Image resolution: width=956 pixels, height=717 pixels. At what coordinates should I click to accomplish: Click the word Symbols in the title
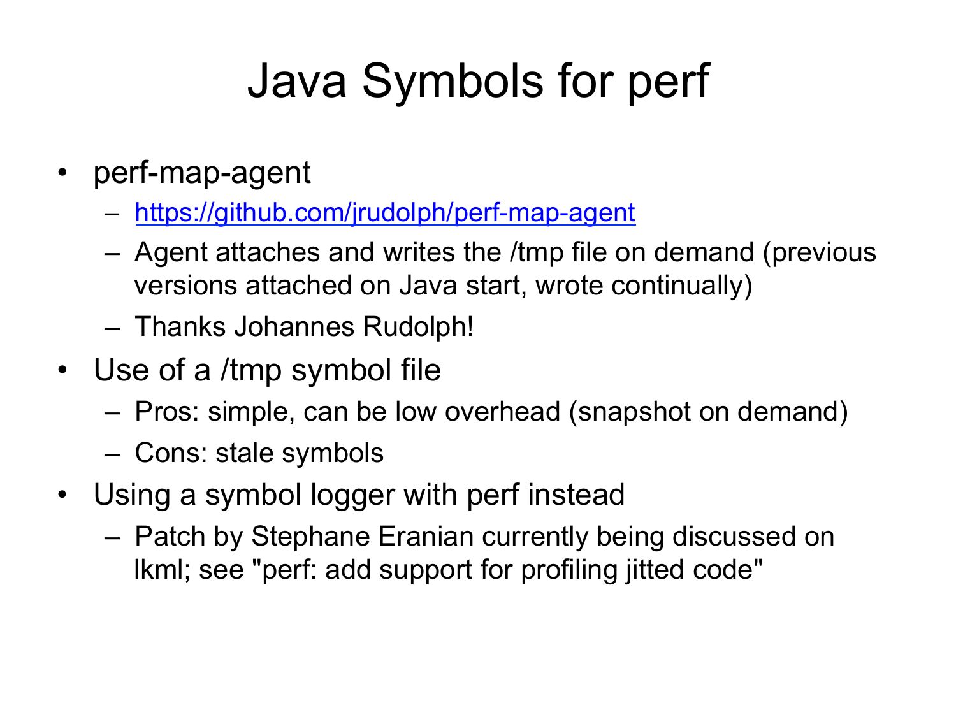pyautogui.click(x=453, y=82)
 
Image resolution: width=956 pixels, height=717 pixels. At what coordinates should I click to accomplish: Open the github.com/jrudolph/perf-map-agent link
pyautogui.click(x=385, y=213)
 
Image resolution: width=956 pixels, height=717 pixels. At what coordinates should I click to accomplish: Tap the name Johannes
pyautogui.click(x=294, y=326)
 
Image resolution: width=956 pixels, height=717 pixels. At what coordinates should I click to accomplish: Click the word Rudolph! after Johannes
pyautogui.click(x=418, y=326)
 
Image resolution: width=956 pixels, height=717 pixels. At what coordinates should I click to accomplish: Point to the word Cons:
pyautogui.click(x=171, y=453)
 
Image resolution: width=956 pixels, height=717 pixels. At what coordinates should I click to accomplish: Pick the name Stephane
pyautogui.click(x=310, y=537)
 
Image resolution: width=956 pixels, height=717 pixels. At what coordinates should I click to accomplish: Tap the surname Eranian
pyautogui.click(x=426, y=537)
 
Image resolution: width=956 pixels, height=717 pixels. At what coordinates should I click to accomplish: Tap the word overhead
pyautogui.click(x=502, y=411)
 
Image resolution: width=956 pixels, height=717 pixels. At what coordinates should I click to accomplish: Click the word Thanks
pyautogui.click(x=180, y=326)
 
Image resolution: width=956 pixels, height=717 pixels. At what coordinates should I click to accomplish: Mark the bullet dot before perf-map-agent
pyautogui.click(x=62, y=172)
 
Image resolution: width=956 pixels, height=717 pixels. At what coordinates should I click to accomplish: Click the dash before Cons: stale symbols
pyautogui.click(x=112, y=454)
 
